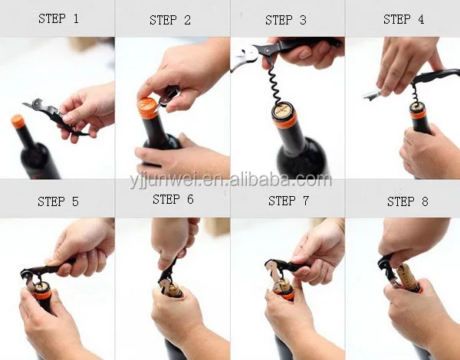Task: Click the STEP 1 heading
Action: click(x=58, y=18)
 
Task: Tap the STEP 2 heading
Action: click(x=170, y=20)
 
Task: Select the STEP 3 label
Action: click(x=286, y=20)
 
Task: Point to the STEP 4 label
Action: click(x=404, y=19)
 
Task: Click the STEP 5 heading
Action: click(x=58, y=201)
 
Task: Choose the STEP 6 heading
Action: click(x=173, y=199)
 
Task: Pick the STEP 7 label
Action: click(x=289, y=201)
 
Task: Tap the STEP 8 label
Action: click(x=408, y=201)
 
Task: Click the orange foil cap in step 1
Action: click(x=18, y=121)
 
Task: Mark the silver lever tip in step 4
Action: click(x=371, y=95)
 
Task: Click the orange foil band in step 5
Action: click(x=42, y=293)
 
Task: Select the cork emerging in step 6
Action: click(x=173, y=290)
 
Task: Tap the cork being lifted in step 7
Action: click(x=284, y=285)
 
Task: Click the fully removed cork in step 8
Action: click(x=408, y=277)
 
